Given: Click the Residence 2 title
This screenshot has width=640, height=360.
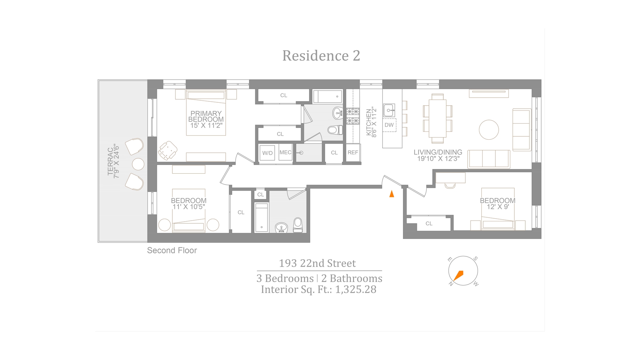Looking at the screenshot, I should point(321,56).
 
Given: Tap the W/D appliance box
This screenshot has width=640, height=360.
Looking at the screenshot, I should point(267,153).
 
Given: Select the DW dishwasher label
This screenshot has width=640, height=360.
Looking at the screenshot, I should point(389,125).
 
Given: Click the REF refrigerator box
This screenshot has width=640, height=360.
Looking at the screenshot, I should point(353,153).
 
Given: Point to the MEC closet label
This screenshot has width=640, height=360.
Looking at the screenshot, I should point(285,152).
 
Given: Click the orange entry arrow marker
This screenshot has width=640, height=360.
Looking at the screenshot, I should point(392,194).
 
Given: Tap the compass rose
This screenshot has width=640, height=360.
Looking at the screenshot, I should point(463,271).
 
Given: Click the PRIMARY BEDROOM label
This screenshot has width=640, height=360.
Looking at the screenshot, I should point(206,119).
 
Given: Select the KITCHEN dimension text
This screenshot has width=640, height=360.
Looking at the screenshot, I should point(371,122).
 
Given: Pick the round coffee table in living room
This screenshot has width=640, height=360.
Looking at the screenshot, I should point(489,130).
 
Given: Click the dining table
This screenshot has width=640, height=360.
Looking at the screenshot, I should point(438,118).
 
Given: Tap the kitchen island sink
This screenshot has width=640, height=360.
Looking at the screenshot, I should point(389,110).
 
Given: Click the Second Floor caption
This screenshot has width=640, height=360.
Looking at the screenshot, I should point(172,250).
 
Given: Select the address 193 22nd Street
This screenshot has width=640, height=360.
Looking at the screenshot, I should point(317,263).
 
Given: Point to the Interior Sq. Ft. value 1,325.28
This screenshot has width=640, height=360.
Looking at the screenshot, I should point(356,289).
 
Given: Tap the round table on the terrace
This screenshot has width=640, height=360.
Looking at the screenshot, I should point(138,164).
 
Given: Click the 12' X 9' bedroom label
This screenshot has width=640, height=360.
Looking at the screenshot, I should point(497,207).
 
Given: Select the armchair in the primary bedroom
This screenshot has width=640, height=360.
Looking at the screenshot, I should point(168,150).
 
